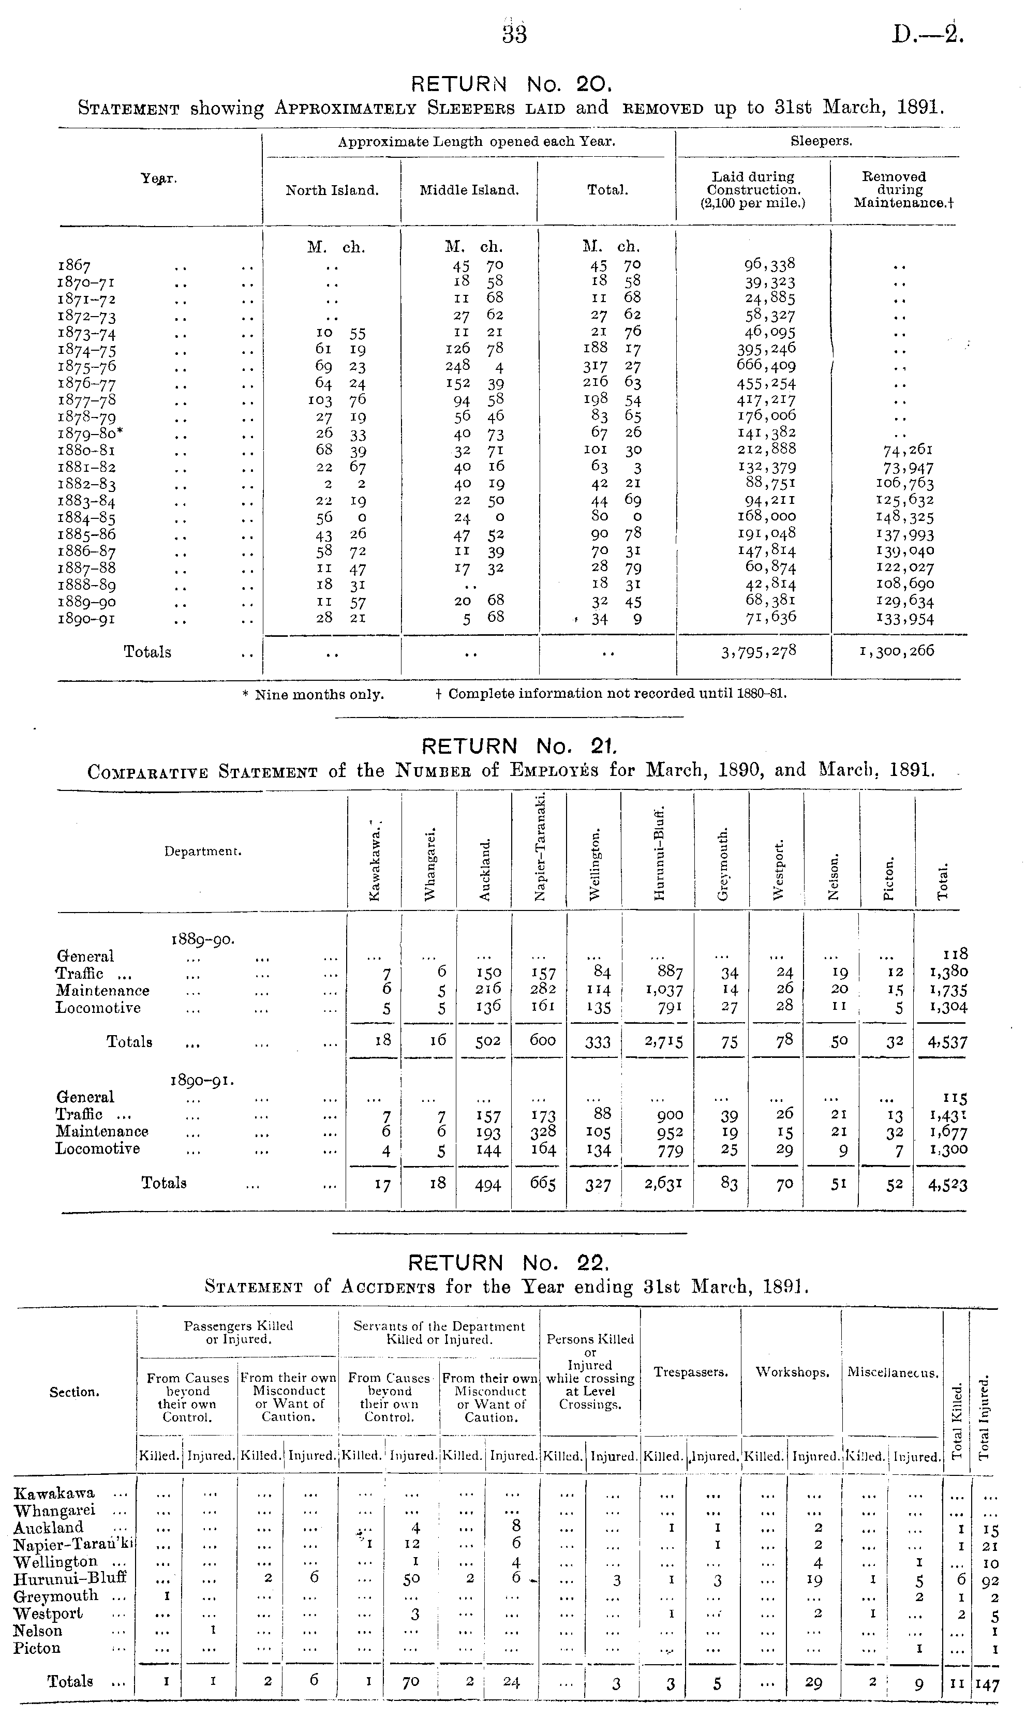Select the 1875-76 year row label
(86, 366)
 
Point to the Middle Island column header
(469, 190)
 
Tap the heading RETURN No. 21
(518, 746)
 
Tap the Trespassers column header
(691, 1372)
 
